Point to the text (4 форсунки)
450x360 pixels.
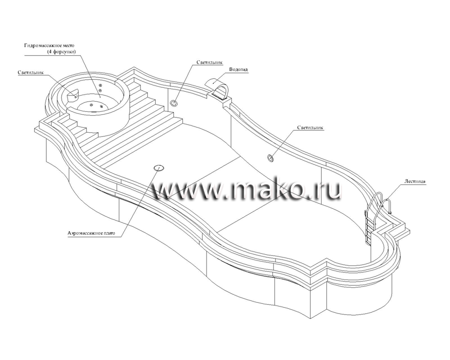click(x=62, y=52)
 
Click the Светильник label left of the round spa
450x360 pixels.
click(x=30, y=73)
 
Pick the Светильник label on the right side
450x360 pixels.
click(x=311, y=128)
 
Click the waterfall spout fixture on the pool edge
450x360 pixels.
click(x=220, y=87)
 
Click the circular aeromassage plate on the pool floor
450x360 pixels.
click(x=159, y=167)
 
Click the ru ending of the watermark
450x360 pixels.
click(x=329, y=192)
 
